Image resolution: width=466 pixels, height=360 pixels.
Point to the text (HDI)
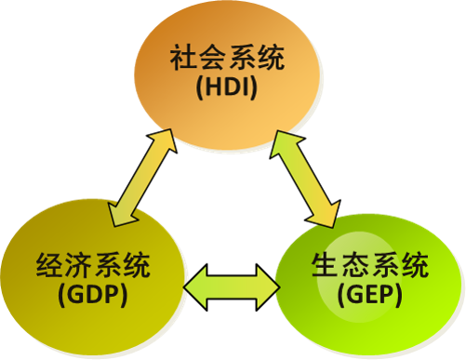[x=227, y=91]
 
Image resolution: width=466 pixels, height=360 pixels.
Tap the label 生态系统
[x=369, y=268]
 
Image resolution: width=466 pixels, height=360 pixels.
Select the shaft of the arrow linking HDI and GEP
[x=308, y=178]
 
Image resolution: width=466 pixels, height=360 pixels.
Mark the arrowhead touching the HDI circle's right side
[x=285, y=140]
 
